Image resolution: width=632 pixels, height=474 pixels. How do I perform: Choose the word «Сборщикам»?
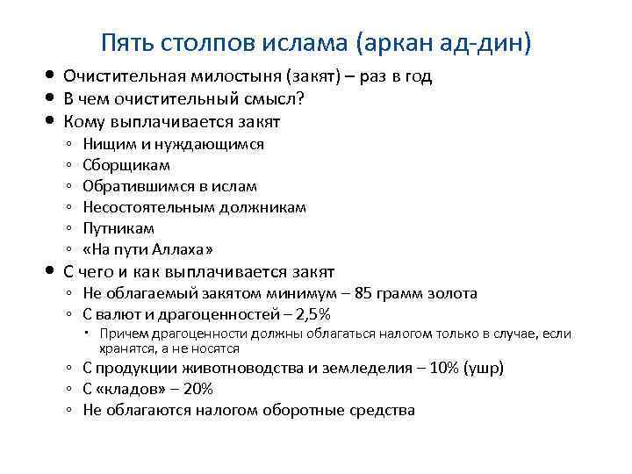(126, 165)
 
